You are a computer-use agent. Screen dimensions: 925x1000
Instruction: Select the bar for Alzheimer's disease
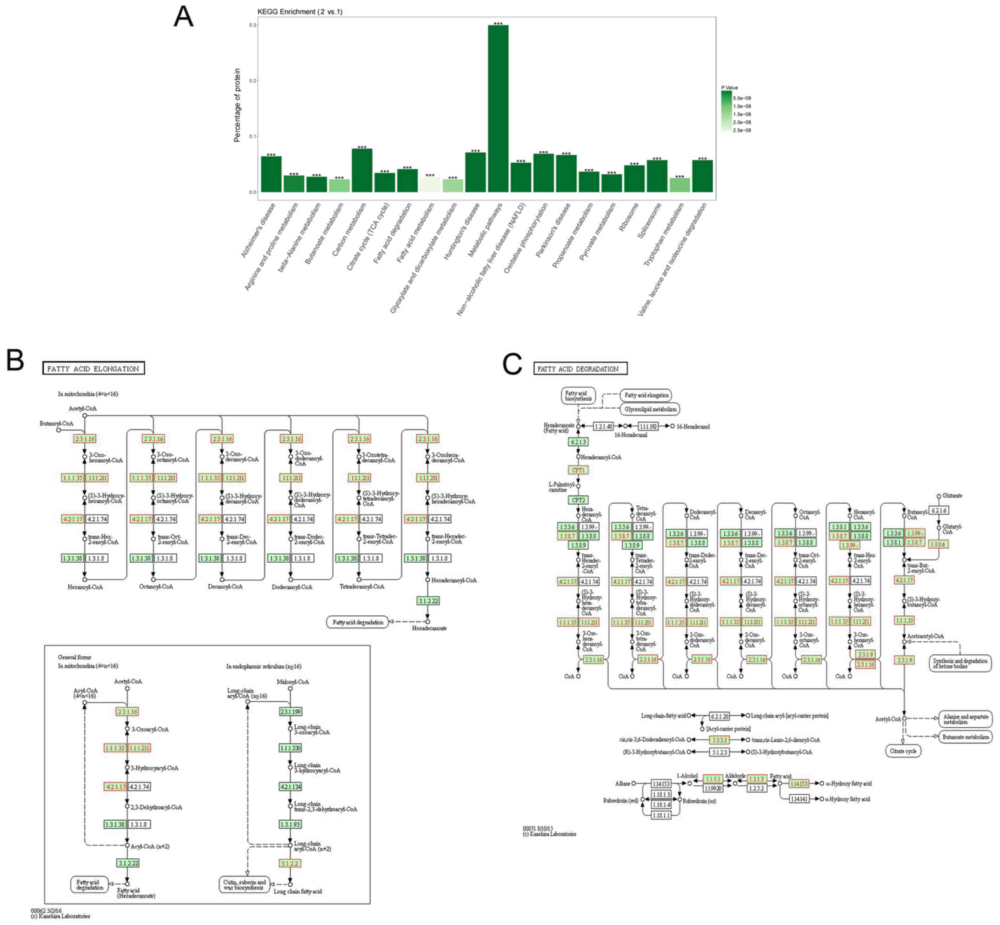271,174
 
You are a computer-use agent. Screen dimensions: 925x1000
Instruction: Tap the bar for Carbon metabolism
362,170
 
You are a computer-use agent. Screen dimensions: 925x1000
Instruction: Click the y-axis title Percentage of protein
237,105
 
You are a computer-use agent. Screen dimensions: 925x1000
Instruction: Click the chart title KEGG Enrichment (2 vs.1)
300,12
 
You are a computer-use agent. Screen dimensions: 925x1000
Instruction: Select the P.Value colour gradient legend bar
726,111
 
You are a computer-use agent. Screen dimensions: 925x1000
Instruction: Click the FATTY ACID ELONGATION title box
93,368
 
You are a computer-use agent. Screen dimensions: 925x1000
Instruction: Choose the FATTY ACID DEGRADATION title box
580,369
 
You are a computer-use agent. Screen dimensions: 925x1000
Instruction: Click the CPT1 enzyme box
578,470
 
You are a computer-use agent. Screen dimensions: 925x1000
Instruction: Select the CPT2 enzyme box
578,500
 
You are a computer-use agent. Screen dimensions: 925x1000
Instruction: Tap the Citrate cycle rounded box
903,751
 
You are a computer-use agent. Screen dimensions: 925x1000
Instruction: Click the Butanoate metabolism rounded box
965,736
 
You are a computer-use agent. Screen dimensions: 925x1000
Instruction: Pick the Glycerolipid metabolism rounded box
650,409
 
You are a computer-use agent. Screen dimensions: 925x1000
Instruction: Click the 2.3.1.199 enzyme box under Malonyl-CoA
290,711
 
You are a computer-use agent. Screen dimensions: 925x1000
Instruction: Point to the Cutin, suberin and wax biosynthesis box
244,885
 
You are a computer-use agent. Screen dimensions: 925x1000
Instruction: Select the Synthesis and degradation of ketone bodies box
960,663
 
